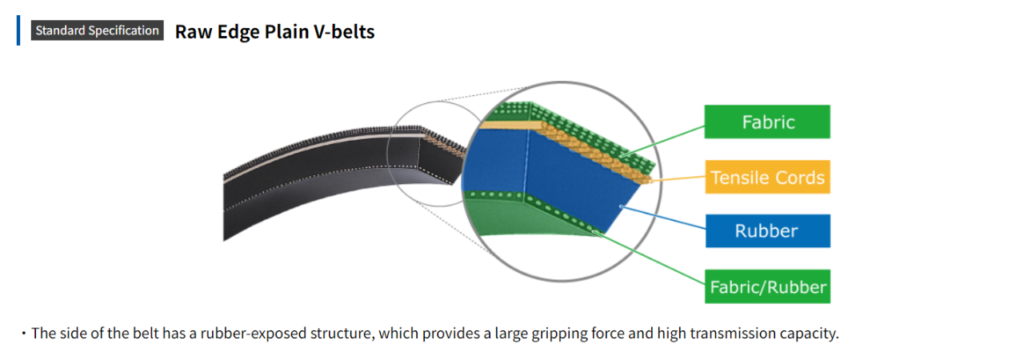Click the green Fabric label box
[x=767, y=122]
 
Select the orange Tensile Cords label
[x=767, y=177]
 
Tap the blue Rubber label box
[x=767, y=231]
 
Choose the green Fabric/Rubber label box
[x=767, y=286]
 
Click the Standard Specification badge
[x=97, y=31]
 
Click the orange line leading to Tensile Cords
[x=680, y=179]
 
